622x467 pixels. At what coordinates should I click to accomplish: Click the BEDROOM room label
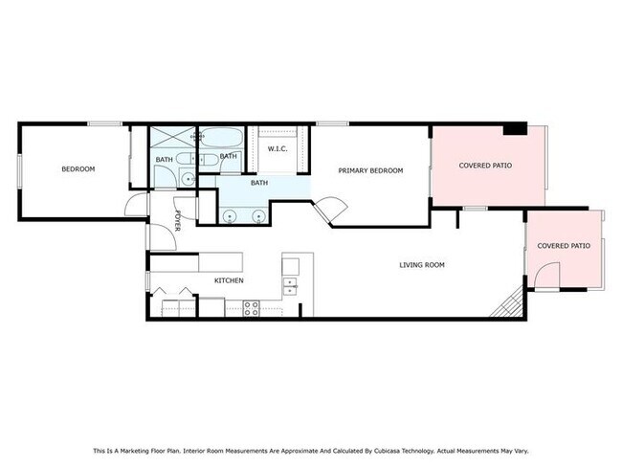[x=78, y=169]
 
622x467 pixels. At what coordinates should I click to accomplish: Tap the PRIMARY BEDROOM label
[x=370, y=170]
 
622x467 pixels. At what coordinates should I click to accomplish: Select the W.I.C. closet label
[x=278, y=149]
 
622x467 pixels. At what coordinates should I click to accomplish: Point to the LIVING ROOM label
[x=422, y=265]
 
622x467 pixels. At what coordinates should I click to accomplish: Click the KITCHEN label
[x=229, y=280]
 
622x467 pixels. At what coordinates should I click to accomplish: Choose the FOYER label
[x=177, y=221]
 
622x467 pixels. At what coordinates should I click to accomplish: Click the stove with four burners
[x=251, y=308]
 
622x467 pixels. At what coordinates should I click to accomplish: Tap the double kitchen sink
[x=290, y=286]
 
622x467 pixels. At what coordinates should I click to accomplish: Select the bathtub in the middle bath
[x=220, y=138]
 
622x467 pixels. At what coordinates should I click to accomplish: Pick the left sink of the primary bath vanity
[x=230, y=216]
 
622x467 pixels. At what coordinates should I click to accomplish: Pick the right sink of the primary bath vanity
[x=259, y=216]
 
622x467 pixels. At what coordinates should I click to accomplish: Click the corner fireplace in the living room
[x=509, y=303]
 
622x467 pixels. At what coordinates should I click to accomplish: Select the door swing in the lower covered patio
[x=547, y=274]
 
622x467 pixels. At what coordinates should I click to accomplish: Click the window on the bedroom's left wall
[x=19, y=171]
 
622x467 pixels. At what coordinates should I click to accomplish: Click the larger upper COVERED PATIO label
[x=485, y=166]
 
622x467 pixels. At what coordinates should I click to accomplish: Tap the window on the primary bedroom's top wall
[x=332, y=123]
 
